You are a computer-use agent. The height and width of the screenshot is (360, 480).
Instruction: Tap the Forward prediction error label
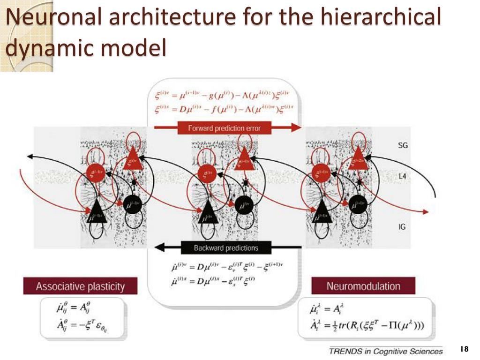pyautogui.click(x=224, y=127)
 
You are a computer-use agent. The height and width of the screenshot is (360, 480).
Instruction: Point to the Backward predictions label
pyautogui.click(x=226, y=247)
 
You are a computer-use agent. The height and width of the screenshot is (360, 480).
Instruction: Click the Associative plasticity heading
pyautogui.click(x=80, y=286)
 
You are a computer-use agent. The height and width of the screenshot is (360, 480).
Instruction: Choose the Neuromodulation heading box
pyautogui.click(x=363, y=286)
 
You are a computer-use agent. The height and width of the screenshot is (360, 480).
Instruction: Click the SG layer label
pyautogui.click(x=403, y=145)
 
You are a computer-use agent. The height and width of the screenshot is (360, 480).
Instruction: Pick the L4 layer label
pyautogui.click(x=402, y=176)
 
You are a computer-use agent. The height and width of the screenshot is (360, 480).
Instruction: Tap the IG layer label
pyautogui.click(x=402, y=227)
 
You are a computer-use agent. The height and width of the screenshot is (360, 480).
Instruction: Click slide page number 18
pyautogui.click(x=465, y=349)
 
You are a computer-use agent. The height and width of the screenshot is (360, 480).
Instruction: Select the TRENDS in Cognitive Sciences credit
pyautogui.click(x=385, y=351)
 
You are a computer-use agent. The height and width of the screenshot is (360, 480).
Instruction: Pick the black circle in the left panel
pyautogui.click(x=132, y=205)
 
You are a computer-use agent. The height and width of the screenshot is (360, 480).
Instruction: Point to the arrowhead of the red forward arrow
pyautogui.click(x=296, y=127)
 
